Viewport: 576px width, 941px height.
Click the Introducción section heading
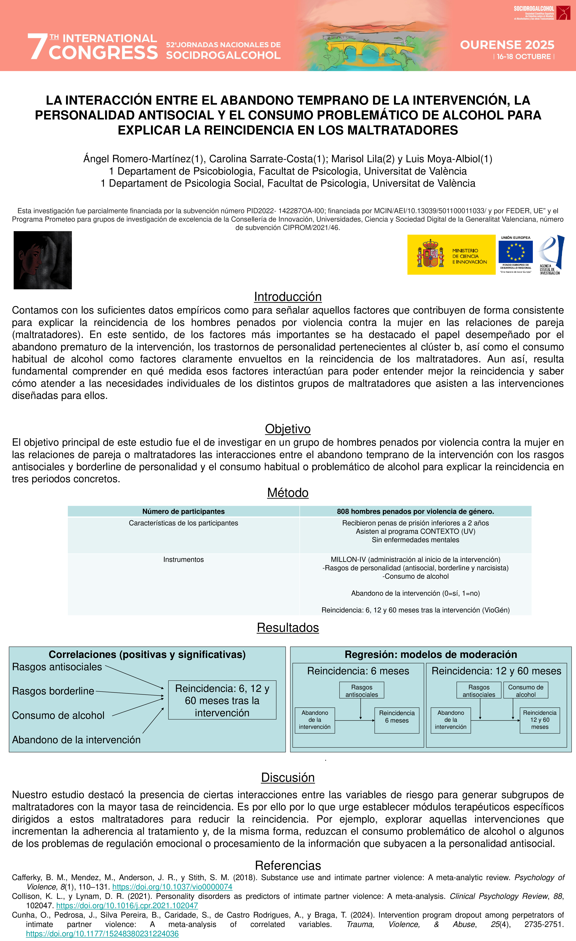pyautogui.click(x=288, y=297)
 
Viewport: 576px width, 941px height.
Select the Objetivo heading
pyautogui.click(x=288, y=429)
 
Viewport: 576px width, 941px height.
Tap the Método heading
pyautogui.click(x=288, y=493)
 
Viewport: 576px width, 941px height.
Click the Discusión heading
pyautogui.click(x=288, y=778)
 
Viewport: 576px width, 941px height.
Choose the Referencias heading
pyautogui.click(x=288, y=865)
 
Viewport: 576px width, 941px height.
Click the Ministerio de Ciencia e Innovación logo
pyautogui.click(x=451, y=255)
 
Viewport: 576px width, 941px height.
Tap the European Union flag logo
pyautogui.click(x=515, y=252)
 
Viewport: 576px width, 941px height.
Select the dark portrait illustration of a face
pyautogui.click(x=43, y=260)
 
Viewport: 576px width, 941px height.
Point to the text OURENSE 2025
pyautogui.click(x=507, y=45)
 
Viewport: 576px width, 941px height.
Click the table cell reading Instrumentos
pyautogui.click(x=183, y=560)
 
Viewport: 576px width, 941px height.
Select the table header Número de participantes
pyautogui.click(x=183, y=511)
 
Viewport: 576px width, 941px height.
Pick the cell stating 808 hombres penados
pyautogui.click(x=415, y=511)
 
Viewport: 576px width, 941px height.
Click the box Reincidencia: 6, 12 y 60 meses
pyautogui.click(x=222, y=700)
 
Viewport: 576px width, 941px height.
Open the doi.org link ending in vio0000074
pyautogui.click(x=172, y=887)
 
